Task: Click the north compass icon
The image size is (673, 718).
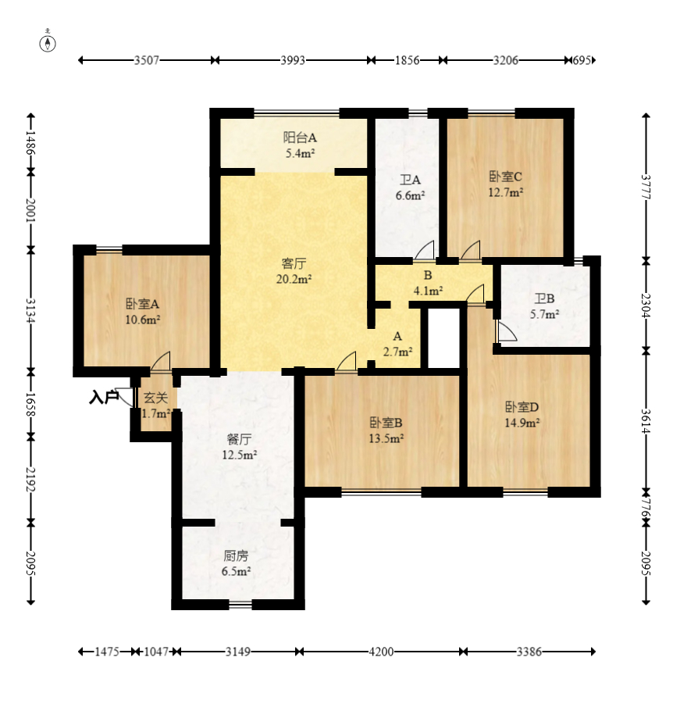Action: point(48,44)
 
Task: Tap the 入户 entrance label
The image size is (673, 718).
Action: point(104,398)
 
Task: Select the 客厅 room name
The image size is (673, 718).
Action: point(294,264)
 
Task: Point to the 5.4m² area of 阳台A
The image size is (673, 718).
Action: point(300,153)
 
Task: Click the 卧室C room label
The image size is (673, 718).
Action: point(506,177)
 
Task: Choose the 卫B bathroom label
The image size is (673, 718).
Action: point(544,299)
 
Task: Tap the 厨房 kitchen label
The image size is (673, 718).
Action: point(236,556)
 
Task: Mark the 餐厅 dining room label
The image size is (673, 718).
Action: point(239,440)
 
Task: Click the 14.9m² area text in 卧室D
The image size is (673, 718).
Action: point(522,423)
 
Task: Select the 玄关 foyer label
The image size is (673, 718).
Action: point(155,398)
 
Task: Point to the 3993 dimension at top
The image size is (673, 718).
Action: point(293,60)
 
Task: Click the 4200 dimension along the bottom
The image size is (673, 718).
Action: point(381,652)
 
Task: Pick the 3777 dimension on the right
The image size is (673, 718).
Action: point(646,187)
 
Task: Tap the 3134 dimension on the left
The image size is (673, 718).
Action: point(30,310)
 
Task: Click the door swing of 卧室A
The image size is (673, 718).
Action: point(161,361)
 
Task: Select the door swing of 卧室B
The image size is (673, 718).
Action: point(347,361)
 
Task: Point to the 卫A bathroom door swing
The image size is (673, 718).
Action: point(425,250)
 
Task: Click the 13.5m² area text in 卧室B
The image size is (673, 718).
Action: point(386,438)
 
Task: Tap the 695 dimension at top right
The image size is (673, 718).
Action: point(582,60)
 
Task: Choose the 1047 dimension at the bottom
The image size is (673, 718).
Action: point(156,652)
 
